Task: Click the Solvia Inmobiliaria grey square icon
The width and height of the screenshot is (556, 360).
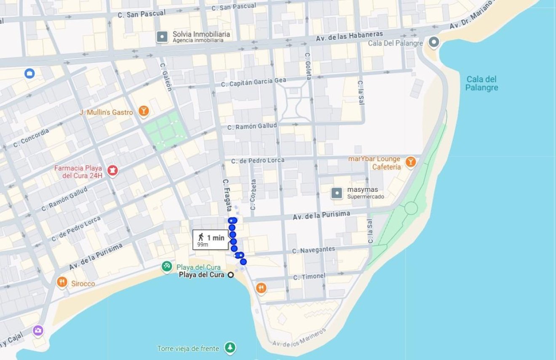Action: click(x=162, y=37)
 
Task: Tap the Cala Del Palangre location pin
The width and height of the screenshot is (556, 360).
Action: click(x=433, y=42)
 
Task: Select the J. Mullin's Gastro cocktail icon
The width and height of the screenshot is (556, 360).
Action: click(x=144, y=111)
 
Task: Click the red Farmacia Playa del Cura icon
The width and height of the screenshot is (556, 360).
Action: click(x=112, y=171)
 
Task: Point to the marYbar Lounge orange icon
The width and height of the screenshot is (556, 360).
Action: click(x=410, y=162)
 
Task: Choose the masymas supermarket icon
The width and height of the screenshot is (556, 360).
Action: click(x=337, y=193)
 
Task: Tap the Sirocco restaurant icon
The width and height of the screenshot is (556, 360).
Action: click(x=62, y=282)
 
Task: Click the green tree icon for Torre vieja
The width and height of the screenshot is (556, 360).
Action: click(x=230, y=348)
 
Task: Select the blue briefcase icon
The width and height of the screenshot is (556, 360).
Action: click(x=29, y=74)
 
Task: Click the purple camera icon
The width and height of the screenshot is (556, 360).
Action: click(x=38, y=330)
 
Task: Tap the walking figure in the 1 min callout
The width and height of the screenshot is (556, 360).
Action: click(x=201, y=237)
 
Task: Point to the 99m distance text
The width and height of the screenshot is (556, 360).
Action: click(x=203, y=245)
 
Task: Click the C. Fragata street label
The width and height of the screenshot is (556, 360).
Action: click(x=227, y=195)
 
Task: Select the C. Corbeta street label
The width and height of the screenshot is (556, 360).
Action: click(x=253, y=195)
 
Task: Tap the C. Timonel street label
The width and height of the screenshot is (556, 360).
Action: click(x=309, y=277)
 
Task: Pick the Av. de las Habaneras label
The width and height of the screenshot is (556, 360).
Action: click(x=350, y=36)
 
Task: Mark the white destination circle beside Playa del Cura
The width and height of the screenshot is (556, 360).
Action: click(x=231, y=275)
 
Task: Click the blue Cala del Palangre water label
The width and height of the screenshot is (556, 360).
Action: click(x=481, y=83)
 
